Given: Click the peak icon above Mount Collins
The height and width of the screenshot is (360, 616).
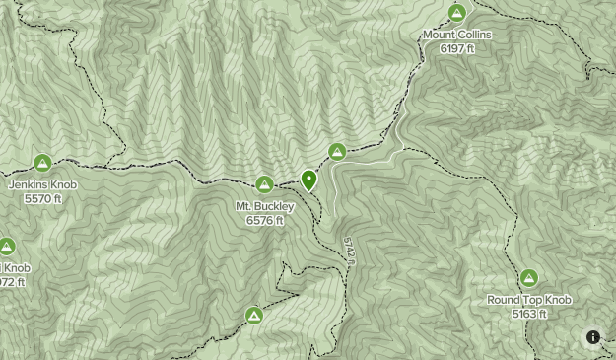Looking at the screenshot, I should pos(456,13).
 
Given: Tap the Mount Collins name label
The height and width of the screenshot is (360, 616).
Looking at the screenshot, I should pos(456,35).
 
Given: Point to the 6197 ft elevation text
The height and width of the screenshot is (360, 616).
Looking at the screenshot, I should pos(456,47).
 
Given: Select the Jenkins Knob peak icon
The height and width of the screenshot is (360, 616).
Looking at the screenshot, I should pos(42,163).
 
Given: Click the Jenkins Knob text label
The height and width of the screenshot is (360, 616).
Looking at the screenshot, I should pos(41,184).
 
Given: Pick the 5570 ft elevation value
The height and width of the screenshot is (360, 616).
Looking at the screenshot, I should pos(42,198).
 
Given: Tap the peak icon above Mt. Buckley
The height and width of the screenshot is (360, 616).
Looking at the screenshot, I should pos(264,184).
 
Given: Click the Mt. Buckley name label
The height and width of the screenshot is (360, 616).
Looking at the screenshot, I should pos(264,206).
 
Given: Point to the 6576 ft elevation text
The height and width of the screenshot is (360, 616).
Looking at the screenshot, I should pos(265,220).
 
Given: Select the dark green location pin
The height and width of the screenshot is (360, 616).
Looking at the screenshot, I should pos(309,180).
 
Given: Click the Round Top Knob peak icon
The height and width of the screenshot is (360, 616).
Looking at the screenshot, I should pos(529,279).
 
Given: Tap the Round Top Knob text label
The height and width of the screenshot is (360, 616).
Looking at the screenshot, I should pos(529,300).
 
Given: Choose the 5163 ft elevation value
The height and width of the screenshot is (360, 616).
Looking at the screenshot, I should pos(529,314).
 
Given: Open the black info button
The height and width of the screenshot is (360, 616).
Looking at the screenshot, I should pos(593,337).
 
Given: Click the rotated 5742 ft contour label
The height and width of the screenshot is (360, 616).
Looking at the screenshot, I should pos(349,250).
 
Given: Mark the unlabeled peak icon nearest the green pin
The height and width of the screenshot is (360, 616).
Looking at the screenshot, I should pos(337,152).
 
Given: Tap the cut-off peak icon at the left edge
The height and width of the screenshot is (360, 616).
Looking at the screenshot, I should pos(6,247).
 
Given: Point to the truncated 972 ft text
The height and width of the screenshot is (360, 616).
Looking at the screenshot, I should pos(12,282).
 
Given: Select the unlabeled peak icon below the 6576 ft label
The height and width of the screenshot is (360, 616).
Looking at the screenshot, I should pos(254,316).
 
